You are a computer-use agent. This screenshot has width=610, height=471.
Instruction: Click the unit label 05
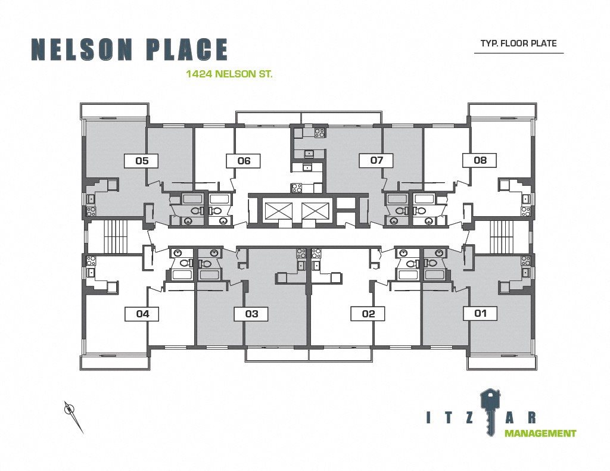click(142, 161)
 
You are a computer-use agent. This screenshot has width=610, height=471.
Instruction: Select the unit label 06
click(244, 161)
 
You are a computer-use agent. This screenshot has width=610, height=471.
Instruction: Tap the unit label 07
click(376, 160)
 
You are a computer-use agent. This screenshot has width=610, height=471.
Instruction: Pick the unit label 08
click(480, 160)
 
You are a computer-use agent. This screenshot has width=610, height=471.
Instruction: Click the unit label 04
click(142, 314)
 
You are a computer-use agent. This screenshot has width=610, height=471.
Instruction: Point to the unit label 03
click(251, 314)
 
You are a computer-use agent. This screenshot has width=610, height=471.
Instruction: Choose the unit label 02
click(368, 314)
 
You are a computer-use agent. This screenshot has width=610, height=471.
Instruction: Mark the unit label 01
click(480, 313)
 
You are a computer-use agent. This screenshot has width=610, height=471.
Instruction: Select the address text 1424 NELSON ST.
click(229, 73)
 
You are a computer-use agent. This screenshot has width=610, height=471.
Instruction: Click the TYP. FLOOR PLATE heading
click(519, 43)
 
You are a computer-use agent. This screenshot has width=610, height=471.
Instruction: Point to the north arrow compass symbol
click(73, 417)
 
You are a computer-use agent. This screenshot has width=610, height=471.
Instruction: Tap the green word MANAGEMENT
click(540, 433)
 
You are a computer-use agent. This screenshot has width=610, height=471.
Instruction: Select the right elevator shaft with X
click(315, 212)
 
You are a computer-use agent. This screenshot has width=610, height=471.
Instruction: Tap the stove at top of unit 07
click(320, 132)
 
